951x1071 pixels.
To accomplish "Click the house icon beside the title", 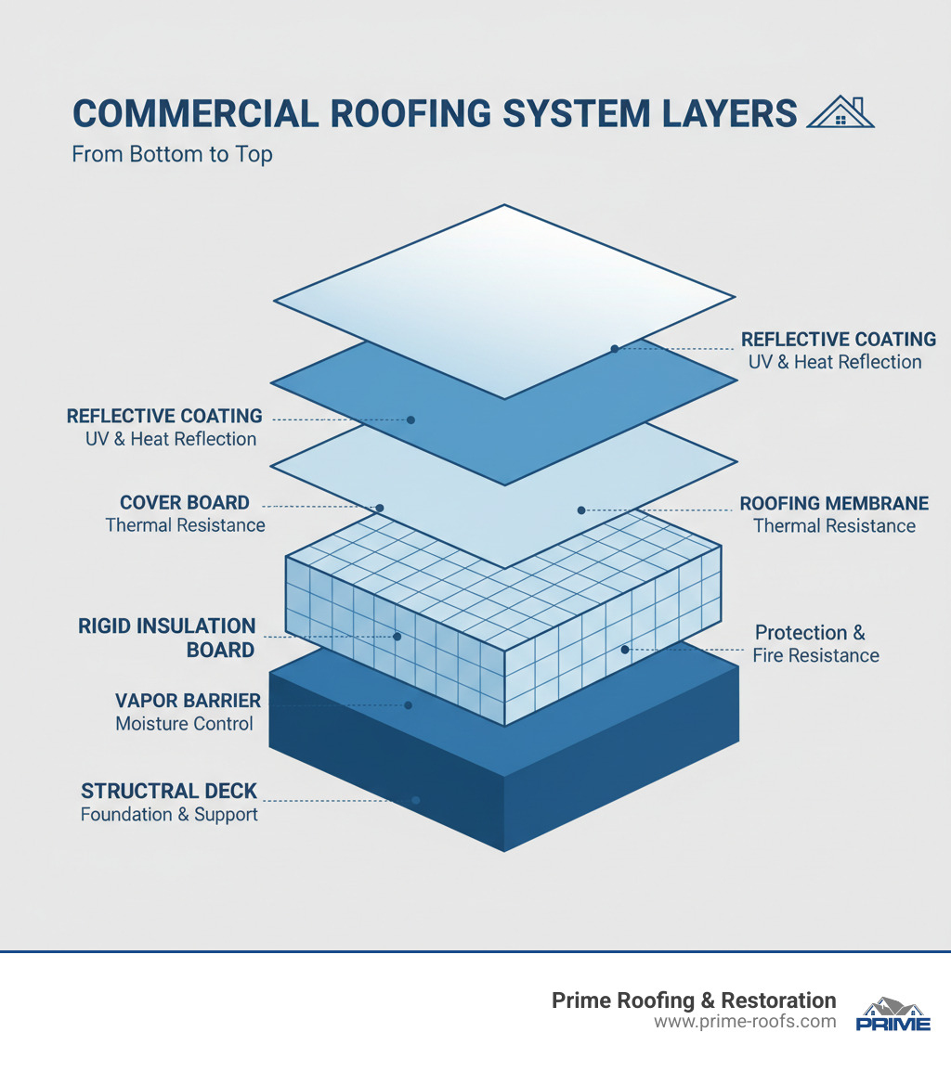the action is [841, 113].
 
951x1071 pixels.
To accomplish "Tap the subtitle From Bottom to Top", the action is [172, 154].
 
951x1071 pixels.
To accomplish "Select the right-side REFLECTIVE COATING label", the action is [838, 340].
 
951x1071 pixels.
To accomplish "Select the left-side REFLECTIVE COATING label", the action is [164, 416].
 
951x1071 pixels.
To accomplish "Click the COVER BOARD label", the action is [185, 503].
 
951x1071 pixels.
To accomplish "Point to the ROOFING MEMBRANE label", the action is [834, 504].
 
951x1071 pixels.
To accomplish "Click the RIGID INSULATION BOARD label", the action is [167, 638].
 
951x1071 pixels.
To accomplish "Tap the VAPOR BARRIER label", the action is [188, 700].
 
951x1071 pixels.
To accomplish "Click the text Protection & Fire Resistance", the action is [816, 644].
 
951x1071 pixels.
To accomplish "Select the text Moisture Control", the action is [184, 723].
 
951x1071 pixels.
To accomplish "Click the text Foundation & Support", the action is [169, 815].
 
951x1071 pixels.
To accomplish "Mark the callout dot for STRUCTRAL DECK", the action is [416, 799].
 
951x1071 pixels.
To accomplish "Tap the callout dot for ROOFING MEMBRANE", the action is [581, 510].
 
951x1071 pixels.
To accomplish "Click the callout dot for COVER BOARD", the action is [379, 508].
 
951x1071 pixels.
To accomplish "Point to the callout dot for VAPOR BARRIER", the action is [409, 705].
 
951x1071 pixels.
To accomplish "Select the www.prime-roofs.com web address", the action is [745, 1023].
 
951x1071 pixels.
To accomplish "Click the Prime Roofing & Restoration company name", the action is [694, 1000].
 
